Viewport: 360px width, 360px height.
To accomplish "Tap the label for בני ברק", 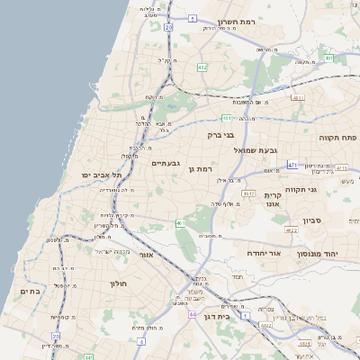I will [x=220, y=135].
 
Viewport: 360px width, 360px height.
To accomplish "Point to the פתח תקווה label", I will [x=337, y=138].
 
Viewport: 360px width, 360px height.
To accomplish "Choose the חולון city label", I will [x=120, y=283].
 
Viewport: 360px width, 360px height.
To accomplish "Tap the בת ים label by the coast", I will [x=30, y=292].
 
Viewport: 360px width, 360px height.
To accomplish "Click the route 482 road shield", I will [x=202, y=67].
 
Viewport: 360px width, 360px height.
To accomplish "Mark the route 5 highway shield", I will [x=193, y=18].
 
